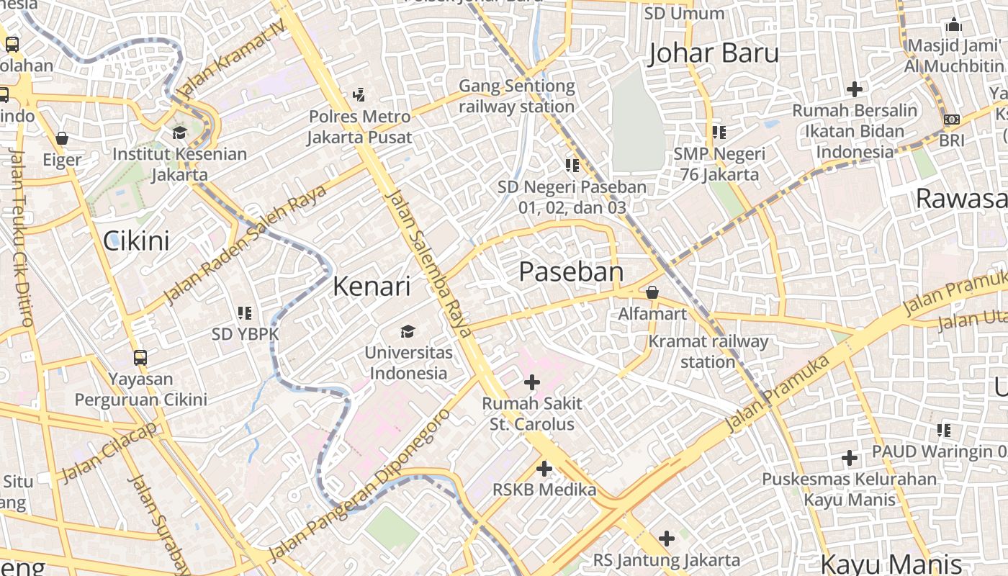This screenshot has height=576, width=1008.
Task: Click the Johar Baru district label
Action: coord(714,54)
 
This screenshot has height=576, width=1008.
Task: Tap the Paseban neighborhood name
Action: coord(571,272)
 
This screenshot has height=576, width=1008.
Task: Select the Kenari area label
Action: coord(372,287)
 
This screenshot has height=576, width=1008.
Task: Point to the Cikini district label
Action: coord(136,240)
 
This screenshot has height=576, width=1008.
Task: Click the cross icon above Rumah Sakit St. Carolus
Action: coord(532,382)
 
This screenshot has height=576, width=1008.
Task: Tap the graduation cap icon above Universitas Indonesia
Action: coord(408,331)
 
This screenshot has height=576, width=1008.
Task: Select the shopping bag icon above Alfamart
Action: coord(652,292)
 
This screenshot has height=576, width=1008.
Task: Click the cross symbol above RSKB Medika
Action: coord(544,469)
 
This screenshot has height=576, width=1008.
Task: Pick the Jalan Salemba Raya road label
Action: coord(428,264)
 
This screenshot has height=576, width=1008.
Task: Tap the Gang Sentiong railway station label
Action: coord(517,96)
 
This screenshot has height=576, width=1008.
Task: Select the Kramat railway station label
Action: coord(708,351)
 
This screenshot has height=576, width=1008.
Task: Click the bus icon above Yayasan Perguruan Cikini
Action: coord(140,357)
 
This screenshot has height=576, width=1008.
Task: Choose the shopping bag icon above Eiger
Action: coord(62,138)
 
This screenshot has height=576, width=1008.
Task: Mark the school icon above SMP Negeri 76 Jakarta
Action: coord(719,132)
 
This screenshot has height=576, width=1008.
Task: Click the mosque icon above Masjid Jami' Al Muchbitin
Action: coord(954,25)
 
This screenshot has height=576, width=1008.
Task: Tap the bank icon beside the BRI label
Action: coord(952,120)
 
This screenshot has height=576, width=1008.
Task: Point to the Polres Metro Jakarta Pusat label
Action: coord(359,127)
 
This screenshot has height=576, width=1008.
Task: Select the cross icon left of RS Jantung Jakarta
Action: coord(667,538)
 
